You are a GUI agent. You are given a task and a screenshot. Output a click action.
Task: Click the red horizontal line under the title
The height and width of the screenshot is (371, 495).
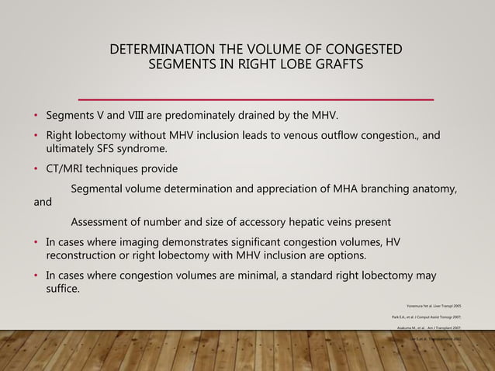point(256,99)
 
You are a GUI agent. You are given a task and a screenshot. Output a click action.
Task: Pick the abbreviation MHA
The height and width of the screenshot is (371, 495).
point(352,188)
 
